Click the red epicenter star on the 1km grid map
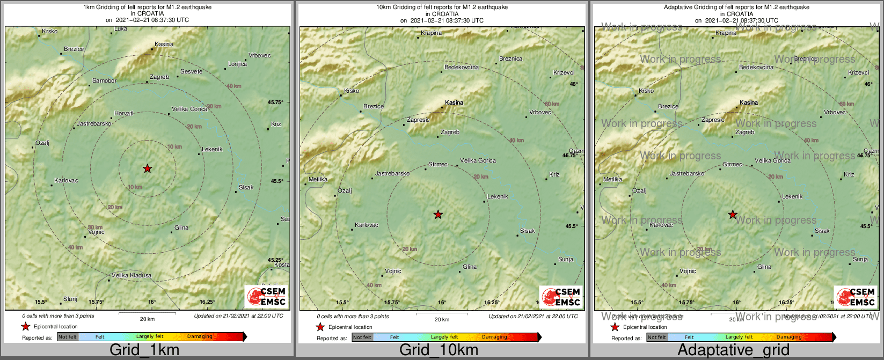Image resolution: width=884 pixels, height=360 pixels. [148, 168]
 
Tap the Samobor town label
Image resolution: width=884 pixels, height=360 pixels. [104, 81]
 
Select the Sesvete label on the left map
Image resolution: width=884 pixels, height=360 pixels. [191, 71]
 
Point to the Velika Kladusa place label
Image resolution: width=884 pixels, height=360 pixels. [131, 276]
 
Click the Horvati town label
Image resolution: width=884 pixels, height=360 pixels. [124, 114]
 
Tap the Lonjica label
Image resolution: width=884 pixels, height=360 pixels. [237, 64]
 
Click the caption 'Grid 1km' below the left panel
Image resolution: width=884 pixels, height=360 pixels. [144, 350]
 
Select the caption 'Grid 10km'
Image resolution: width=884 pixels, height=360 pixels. [439, 350]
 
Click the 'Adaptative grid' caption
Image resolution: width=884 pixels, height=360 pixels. [733, 350]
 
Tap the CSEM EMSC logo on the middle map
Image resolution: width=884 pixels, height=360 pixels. [561, 297]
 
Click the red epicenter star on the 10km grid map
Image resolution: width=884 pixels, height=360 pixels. [438, 215]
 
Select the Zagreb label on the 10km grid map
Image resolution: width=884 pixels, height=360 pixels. [450, 133]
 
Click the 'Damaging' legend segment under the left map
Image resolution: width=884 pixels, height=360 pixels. [200, 337]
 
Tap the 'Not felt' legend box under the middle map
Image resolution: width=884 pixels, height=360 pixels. [362, 337]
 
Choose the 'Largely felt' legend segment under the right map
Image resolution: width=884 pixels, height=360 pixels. [740, 337]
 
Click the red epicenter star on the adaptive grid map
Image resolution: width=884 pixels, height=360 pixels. [733, 215]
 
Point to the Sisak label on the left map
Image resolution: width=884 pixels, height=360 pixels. [246, 188]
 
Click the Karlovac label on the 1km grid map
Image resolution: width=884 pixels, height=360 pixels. [66, 181]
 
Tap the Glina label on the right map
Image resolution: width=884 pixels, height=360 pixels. [764, 267]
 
